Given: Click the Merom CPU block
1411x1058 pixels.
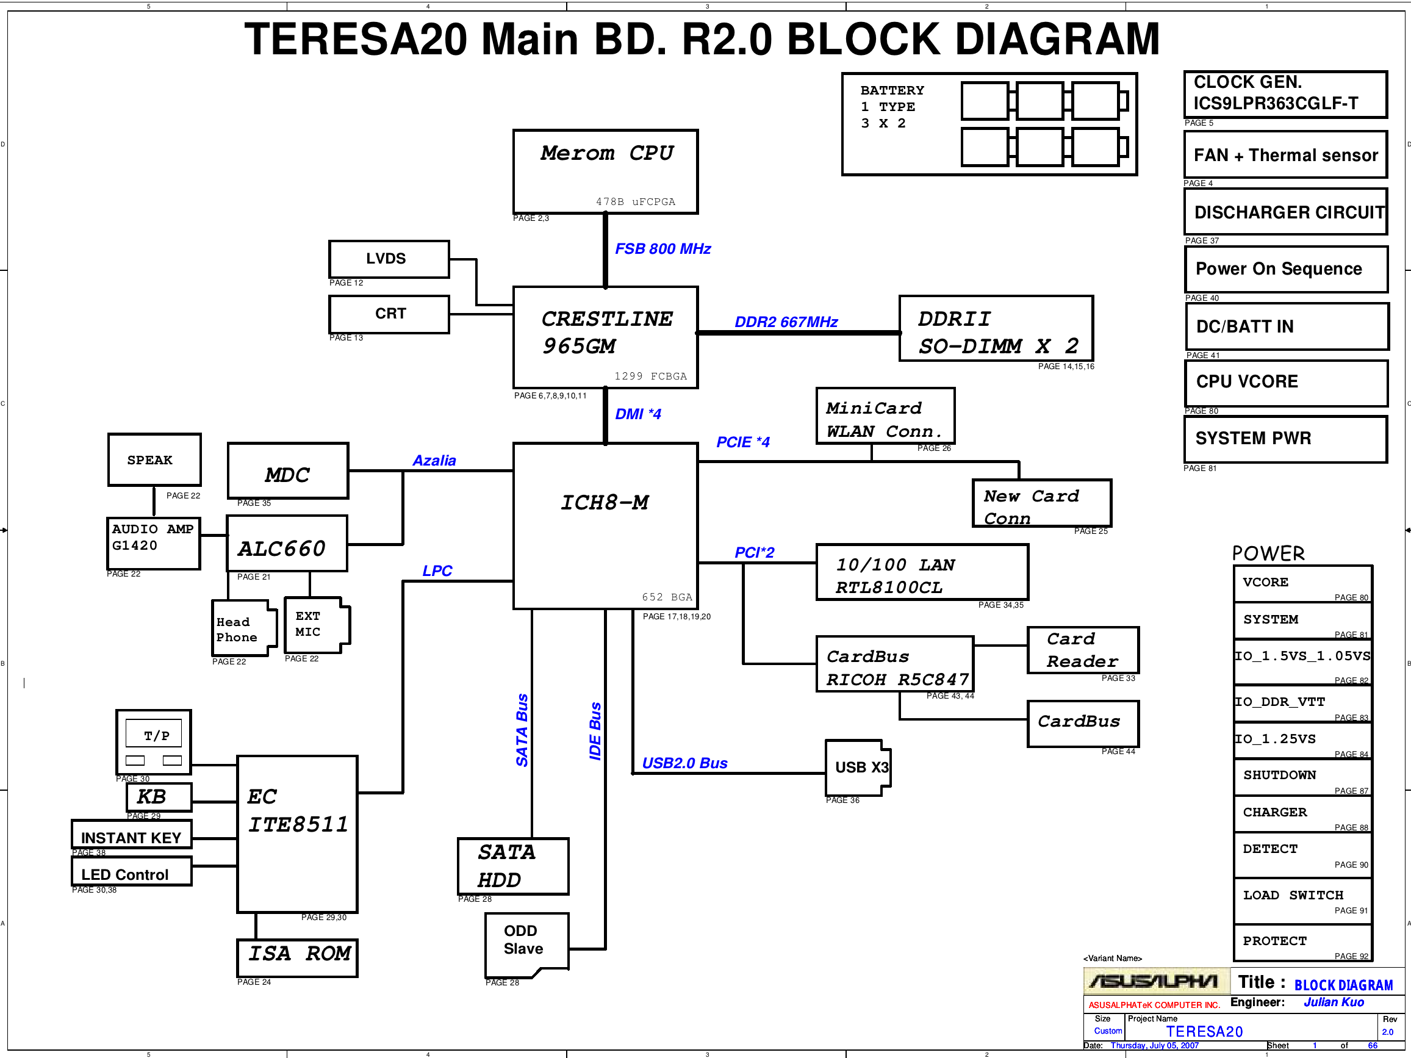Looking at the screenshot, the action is click(605, 171).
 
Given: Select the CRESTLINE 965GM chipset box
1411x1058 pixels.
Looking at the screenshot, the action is click(605, 337).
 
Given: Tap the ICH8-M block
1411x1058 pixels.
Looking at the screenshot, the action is click(605, 526).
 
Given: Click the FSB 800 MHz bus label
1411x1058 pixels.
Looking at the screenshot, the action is click(662, 249).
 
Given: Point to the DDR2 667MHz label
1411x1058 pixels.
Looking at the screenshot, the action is click(786, 322).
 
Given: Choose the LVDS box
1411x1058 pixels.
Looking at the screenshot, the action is click(389, 259).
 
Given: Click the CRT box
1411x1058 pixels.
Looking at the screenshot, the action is click(389, 314).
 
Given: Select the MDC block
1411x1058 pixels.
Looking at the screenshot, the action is click(288, 470).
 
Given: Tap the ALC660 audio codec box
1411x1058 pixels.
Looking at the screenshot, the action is click(287, 543).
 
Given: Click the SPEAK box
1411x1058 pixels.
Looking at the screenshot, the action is click(154, 459).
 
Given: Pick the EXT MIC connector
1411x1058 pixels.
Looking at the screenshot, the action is click(317, 625).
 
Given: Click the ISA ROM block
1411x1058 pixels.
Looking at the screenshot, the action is click(297, 958).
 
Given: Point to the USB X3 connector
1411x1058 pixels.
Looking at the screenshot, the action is click(858, 768).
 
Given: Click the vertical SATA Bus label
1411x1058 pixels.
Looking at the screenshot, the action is click(522, 730).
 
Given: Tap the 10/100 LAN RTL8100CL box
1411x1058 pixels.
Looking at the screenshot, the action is click(922, 572).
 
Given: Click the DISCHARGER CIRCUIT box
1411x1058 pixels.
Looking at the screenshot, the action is click(1286, 212).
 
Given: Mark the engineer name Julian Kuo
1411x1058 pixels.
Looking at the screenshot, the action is click(1334, 1002).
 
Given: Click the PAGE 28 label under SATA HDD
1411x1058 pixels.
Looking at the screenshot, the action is click(475, 899).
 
